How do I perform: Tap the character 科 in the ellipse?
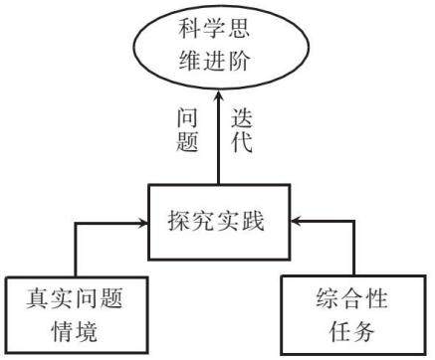[190, 29]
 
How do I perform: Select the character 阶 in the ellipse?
[238, 61]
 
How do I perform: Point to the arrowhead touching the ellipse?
[218, 96]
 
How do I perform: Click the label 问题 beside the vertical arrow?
[187, 130]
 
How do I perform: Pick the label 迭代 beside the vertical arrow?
[242, 130]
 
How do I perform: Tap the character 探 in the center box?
[179, 221]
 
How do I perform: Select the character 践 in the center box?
[253, 221]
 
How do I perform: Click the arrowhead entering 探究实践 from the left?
[142, 223]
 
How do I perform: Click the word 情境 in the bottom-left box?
[75, 331]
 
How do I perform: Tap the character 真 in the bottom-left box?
[38, 298]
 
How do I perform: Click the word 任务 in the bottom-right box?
[351, 331]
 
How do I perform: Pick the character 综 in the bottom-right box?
[327, 298]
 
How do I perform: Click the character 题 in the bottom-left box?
[111, 298]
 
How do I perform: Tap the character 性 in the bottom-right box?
[376, 298]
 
